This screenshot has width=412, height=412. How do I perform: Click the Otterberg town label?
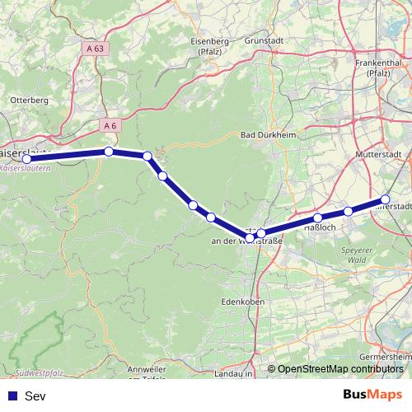29,100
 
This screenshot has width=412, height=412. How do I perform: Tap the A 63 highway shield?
96,49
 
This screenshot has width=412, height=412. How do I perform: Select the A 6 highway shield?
108,124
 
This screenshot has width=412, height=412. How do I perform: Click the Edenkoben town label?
241,302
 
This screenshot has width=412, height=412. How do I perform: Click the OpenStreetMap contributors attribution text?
340,369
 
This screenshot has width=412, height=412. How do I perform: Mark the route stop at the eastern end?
385,200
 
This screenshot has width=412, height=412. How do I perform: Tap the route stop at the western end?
27,157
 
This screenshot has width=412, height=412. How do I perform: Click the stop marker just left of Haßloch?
318,218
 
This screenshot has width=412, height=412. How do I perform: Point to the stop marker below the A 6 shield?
109,151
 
